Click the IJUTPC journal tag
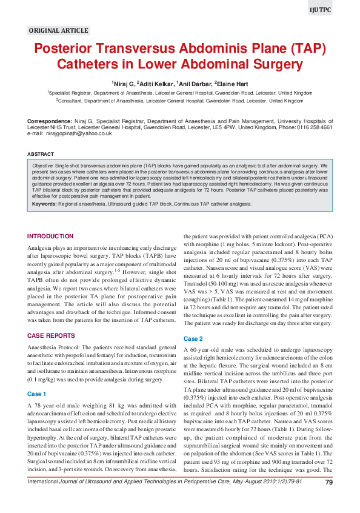321,10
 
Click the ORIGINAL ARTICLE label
59,30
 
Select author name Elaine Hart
230,82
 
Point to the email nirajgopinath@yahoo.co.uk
78,133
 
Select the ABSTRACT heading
41,155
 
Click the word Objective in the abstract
43,165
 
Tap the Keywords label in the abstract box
44,204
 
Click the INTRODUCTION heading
51,236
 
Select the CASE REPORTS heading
51,335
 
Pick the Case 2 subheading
193,338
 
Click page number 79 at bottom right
328,500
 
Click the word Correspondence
50,122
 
